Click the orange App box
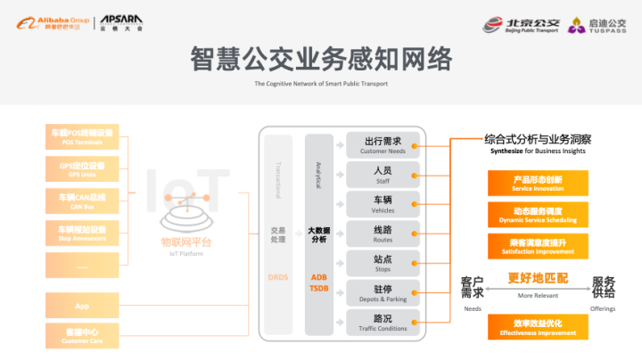pos(81,306)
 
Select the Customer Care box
pos(81,336)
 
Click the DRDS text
pos(277,277)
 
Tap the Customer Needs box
pos(383,144)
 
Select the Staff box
pos(383,174)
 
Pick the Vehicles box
pos(383,204)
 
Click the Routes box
pos(383,234)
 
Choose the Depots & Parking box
pos(383,293)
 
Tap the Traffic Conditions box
pos(383,323)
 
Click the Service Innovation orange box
pos(537,183)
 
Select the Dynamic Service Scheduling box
pos(537,214)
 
